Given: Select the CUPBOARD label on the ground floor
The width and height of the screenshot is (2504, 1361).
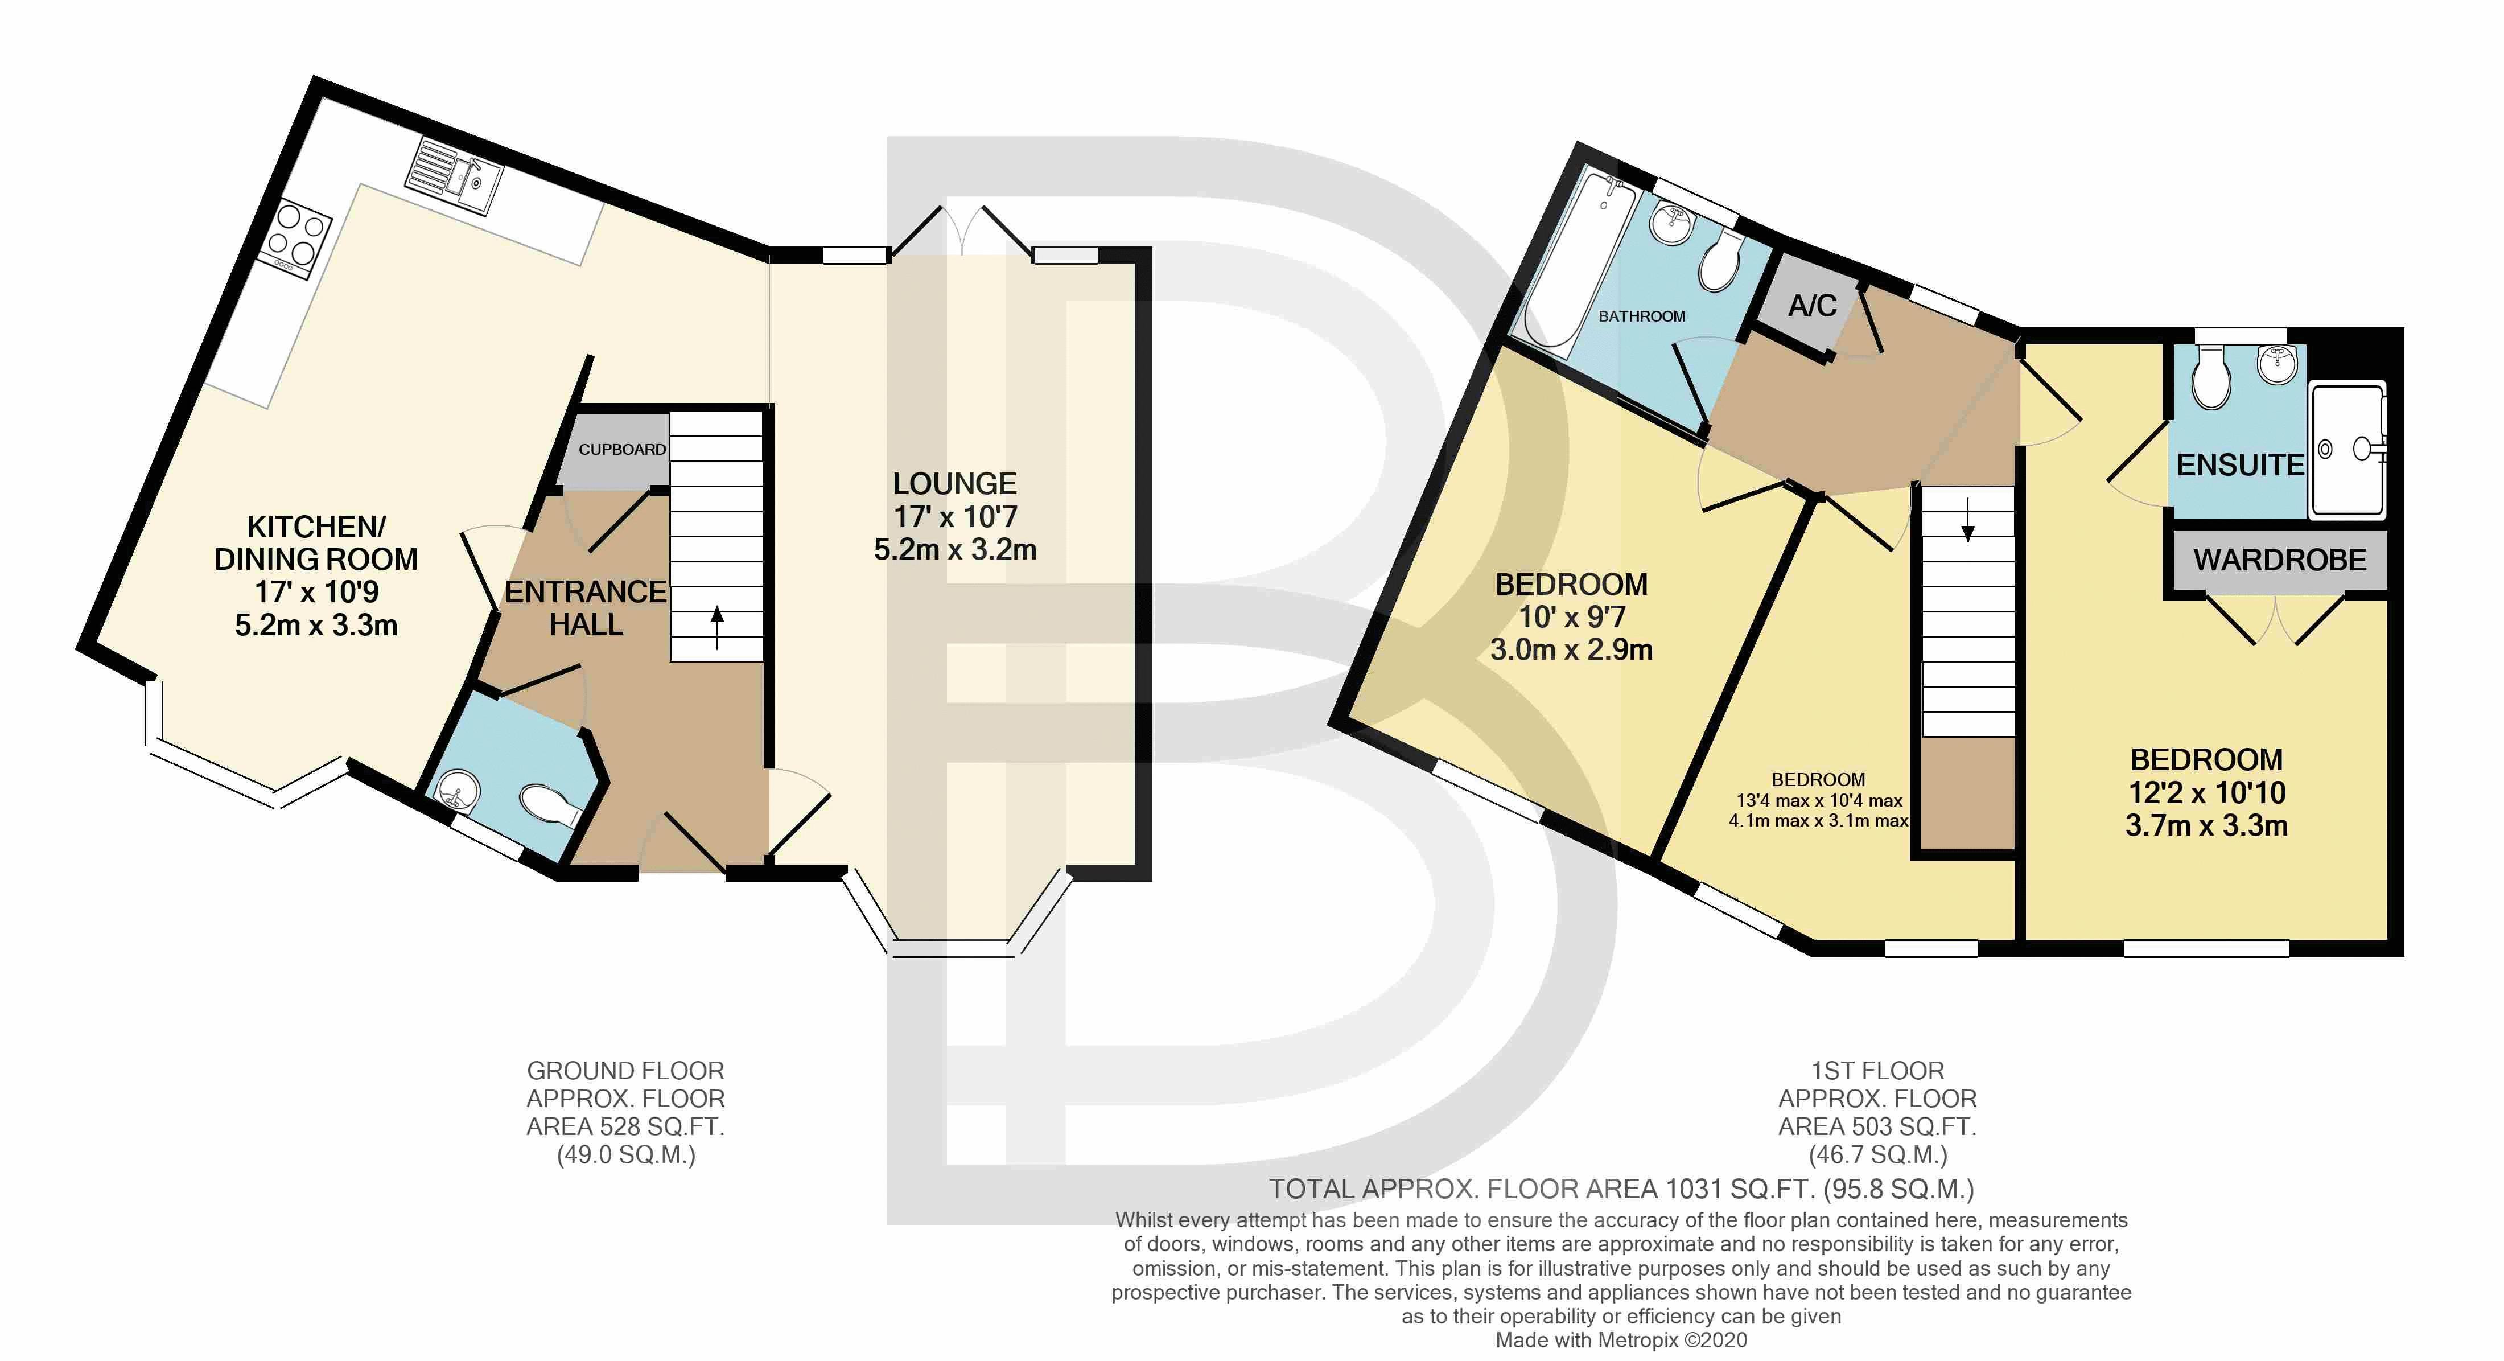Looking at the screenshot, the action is [x=622, y=449].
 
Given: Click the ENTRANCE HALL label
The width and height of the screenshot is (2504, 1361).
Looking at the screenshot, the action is [x=586, y=607].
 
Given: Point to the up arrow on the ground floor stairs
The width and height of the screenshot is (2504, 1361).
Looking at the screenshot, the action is [x=718, y=627].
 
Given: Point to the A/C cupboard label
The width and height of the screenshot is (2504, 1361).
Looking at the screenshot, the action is [x=1813, y=306].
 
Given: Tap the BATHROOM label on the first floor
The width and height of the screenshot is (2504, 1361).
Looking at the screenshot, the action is [x=1642, y=316].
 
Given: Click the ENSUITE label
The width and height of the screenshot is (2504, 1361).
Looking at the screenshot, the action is [x=2239, y=466].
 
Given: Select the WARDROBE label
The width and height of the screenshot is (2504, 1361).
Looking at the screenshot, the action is [x=2279, y=560].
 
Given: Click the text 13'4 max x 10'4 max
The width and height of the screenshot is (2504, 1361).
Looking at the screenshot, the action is [x=1819, y=800].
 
